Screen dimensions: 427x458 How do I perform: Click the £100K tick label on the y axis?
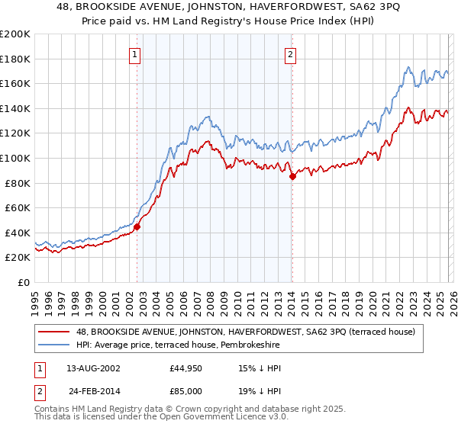coord(15,158)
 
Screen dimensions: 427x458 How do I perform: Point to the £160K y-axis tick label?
coord(15,83)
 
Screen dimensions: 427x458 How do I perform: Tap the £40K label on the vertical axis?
coord(18,233)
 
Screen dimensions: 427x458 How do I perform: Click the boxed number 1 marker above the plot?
coord(135,54)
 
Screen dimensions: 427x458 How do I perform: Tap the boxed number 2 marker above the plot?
coord(292,54)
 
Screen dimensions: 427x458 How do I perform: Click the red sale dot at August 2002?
coord(137,226)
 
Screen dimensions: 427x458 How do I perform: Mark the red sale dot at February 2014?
coord(293,177)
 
